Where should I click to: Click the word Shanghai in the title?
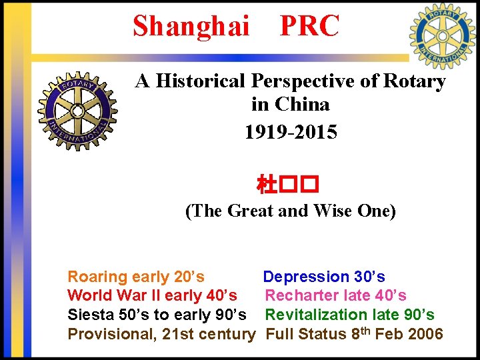[191, 26]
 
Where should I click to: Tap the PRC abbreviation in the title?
[309, 26]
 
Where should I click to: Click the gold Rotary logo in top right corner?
[442, 37]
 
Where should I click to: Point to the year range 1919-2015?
[290, 132]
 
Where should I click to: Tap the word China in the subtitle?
[301, 105]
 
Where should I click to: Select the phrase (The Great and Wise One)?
[290, 211]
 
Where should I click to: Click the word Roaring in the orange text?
[97, 277]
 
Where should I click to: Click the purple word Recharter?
[303, 295]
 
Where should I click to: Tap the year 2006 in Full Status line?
[425, 334]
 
